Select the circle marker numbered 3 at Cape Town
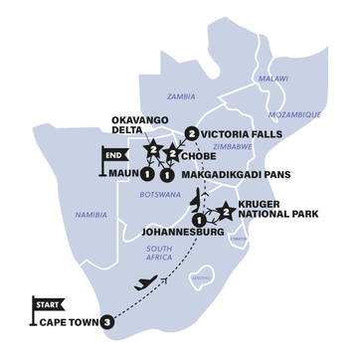pos(106,322)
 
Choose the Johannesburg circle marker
pos(198,220)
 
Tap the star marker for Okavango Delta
pos(154,151)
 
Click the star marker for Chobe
pos(173,154)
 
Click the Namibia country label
pos(92,214)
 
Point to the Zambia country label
pos(182,96)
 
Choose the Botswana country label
pos(159,198)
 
